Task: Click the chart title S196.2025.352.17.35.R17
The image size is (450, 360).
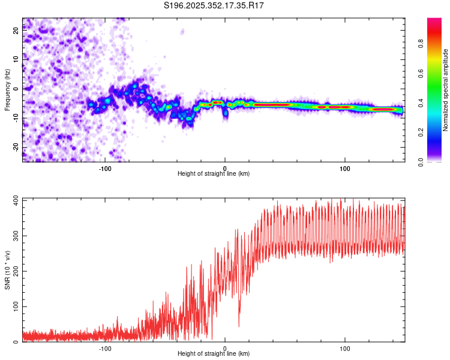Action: pos(214,5)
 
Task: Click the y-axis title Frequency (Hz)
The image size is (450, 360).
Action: pos(7,89)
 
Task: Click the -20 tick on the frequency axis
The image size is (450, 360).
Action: pos(15,148)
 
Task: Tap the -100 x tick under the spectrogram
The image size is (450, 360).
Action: pos(105,168)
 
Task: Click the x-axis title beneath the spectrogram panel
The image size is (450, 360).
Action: pos(214,174)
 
